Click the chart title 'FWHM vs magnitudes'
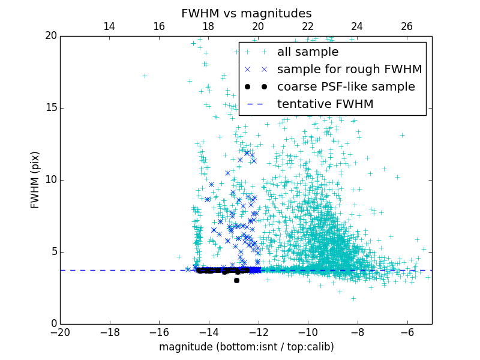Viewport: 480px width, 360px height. tap(246, 13)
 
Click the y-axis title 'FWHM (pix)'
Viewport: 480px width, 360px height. tap(35, 180)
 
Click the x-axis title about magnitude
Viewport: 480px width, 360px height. tap(246, 347)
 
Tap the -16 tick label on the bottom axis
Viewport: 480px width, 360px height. tap(159, 332)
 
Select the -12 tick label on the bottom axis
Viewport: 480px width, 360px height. tap(258, 332)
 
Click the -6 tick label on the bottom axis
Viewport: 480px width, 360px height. tap(407, 332)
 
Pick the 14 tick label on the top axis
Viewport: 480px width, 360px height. tap(109, 26)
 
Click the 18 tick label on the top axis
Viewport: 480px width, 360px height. tap(208, 26)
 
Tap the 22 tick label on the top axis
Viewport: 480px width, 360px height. tap(308, 26)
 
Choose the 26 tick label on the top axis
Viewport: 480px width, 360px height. tap(407, 26)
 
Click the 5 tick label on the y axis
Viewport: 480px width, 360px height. tap(52, 252)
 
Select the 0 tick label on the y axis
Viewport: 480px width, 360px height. tap(52, 324)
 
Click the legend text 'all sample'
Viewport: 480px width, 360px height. tap(308, 52)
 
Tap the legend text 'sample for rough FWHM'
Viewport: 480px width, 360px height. tap(349, 70)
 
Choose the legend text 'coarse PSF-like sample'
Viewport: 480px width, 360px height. tap(346, 87)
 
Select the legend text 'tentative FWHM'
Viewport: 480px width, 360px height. tap(325, 104)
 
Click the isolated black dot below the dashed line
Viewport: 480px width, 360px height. tap(236, 280)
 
